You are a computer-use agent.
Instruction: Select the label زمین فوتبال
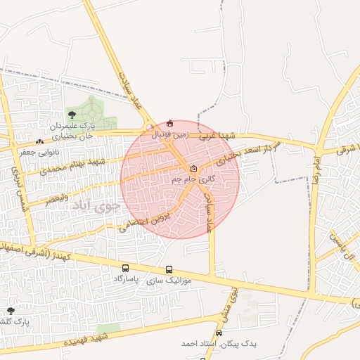point(169,133)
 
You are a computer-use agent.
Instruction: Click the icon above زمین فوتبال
point(169,124)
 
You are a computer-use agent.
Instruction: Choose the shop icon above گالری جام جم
point(193,168)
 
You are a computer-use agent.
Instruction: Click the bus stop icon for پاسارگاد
point(125,268)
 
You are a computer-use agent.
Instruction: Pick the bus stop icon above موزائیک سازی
point(169,269)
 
